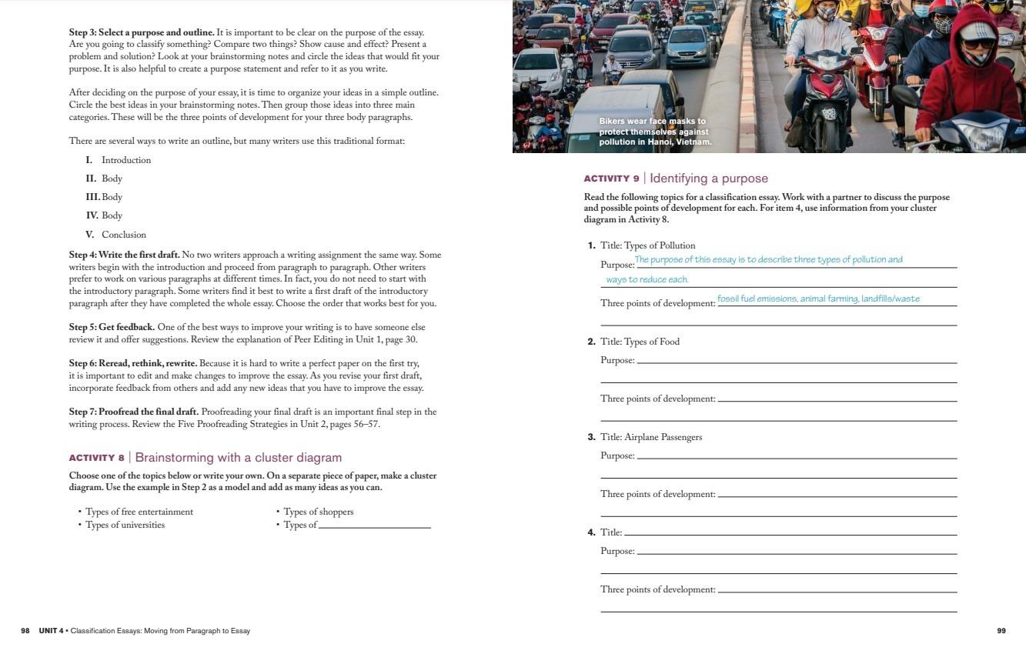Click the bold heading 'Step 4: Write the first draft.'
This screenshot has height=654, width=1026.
click(124, 255)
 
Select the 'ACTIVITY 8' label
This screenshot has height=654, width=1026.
click(96, 458)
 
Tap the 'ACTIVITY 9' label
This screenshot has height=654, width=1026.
click(611, 179)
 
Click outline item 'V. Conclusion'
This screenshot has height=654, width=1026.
click(116, 235)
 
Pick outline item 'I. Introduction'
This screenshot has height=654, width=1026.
click(119, 160)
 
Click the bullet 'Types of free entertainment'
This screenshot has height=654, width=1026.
click(139, 512)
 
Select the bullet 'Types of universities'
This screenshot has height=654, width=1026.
click(125, 525)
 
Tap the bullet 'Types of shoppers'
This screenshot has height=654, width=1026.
click(318, 512)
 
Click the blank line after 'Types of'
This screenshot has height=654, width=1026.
click(374, 526)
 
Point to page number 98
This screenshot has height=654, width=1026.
click(25, 631)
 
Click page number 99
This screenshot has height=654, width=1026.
click(1001, 631)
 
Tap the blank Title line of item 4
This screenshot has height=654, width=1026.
click(790, 532)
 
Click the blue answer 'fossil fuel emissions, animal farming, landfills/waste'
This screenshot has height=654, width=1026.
click(818, 299)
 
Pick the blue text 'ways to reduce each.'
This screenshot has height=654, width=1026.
click(647, 279)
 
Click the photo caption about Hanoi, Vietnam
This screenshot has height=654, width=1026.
click(655, 132)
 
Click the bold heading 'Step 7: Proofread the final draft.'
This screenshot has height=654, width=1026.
click(134, 412)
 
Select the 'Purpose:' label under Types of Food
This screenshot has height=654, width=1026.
click(617, 360)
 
